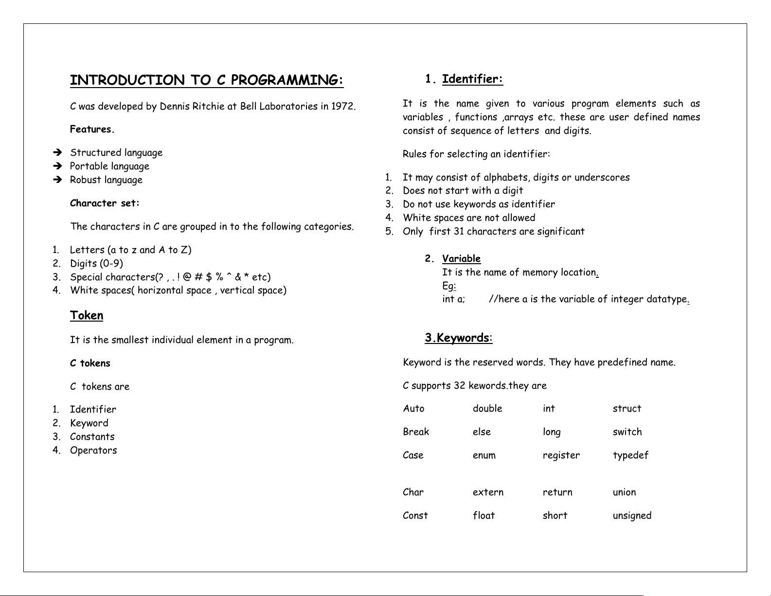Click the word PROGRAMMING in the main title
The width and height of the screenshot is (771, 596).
pos(287,80)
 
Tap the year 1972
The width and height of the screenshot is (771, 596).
pos(343,107)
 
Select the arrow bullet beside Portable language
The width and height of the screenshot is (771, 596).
pos(58,166)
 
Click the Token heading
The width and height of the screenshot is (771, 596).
pos(87,316)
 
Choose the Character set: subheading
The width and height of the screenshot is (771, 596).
pos(105,203)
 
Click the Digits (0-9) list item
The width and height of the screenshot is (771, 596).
pos(96,264)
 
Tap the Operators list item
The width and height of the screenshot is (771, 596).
pos(93,451)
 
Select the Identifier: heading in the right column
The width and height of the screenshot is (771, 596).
pos(472,79)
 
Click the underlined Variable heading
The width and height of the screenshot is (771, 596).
pos(461,259)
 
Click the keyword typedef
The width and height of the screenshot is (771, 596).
pos(630,455)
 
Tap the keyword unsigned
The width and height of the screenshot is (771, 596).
pos(632,516)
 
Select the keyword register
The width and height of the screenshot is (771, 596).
pos(561,455)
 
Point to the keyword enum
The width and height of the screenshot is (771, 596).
pos(484,455)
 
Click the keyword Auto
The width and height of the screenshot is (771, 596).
pos(413,409)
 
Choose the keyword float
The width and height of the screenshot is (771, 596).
pos(484,516)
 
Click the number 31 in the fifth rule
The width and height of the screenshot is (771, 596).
pos(459,232)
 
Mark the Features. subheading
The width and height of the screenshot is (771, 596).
pos(92,129)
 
